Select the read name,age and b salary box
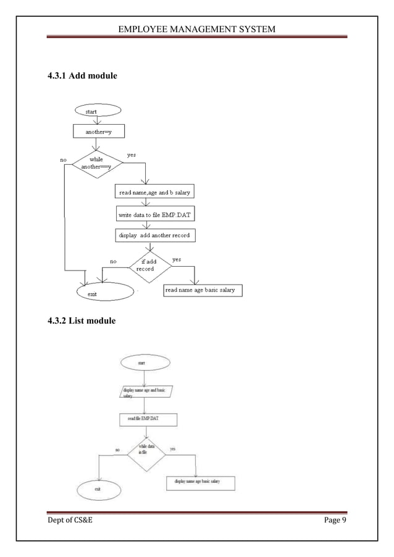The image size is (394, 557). (x=154, y=194)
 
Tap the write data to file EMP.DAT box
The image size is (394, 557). (x=154, y=215)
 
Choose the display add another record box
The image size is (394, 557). (x=154, y=236)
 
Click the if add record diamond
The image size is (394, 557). (x=149, y=266)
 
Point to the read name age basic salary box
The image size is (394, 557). (x=203, y=290)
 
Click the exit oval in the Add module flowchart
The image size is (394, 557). (x=104, y=293)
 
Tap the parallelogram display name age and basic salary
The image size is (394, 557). (x=145, y=392)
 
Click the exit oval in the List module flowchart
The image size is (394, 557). (x=98, y=488)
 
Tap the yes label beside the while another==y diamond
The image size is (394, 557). (x=132, y=155)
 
